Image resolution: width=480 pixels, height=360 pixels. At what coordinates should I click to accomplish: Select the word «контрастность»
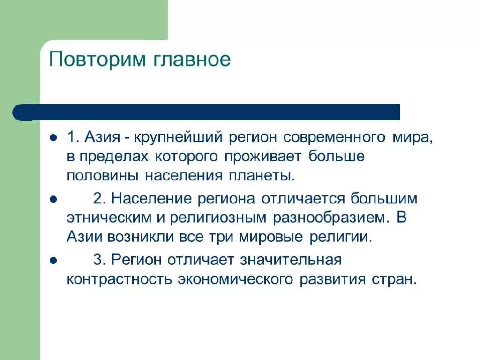click(x=119, y=279)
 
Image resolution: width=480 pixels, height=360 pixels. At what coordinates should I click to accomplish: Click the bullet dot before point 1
click(x=53, y=138)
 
